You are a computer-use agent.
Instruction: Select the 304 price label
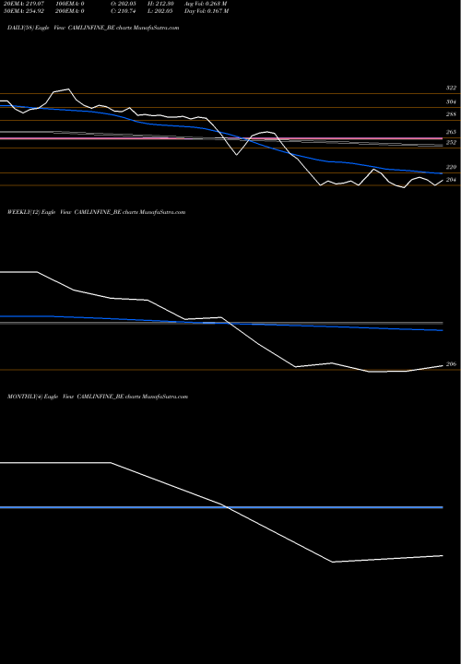click(451, 102)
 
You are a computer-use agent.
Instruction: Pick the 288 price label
click(451, 115)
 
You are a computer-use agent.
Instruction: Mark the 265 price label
click(451, 133)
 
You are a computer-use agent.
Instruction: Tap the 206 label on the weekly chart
click(451, 365)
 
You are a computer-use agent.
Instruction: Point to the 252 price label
click(451, 144)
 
